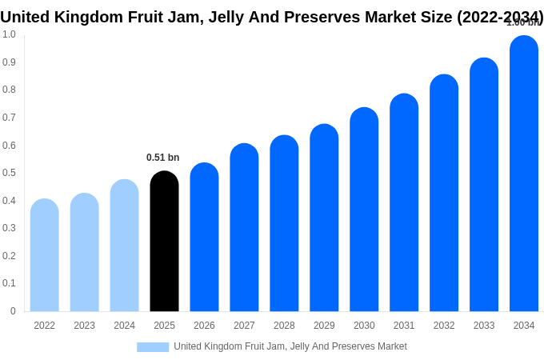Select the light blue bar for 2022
[x=45, y=255]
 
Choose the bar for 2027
[x=244, y=227]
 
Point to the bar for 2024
[x=124, y=246]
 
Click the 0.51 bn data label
[x=163, y=158]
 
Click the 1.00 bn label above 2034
[x=523, y=22]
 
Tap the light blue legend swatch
[x=153, y=346]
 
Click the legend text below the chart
[x=290, y=346]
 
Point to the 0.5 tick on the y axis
[x=9, y=173]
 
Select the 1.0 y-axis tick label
[x=9, y=34]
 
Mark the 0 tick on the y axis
[x=13, y=311]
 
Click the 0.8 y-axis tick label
[x=9, y=90]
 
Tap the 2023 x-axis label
[x=84, y=326]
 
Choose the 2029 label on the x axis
[x=324, y=326]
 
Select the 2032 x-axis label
[x=444, y=326]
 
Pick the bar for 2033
[x=484, y=185]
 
